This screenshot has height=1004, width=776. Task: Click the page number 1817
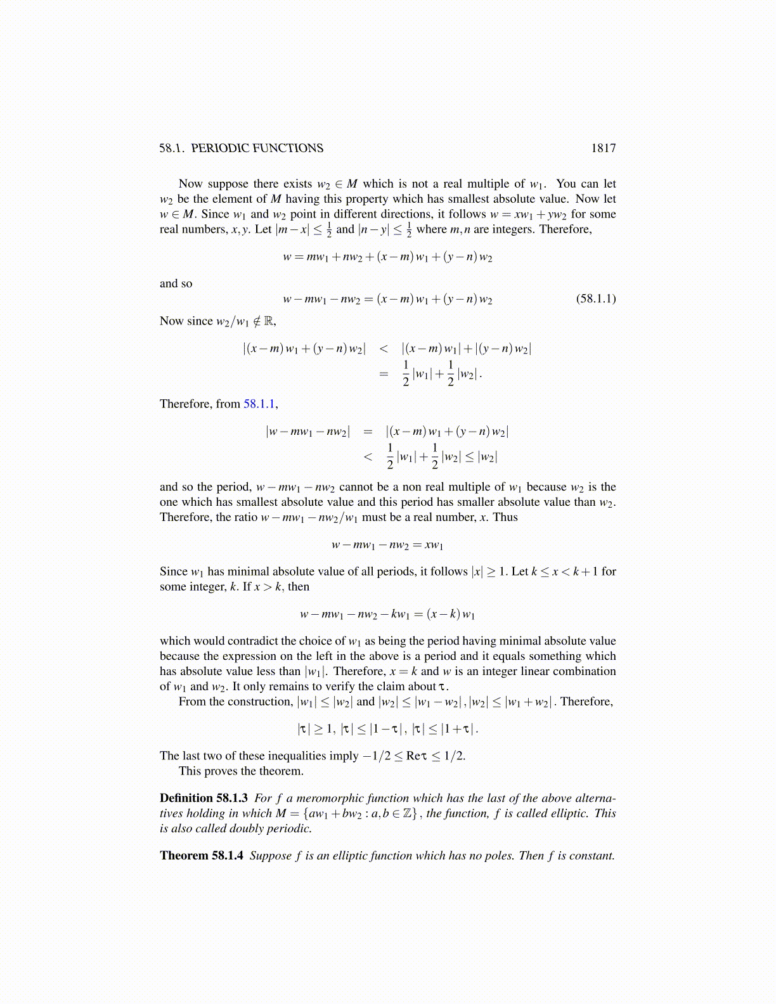click(603, 148)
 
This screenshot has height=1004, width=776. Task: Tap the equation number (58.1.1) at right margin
click(595, 299)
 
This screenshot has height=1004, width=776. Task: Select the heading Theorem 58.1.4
click(202, 856)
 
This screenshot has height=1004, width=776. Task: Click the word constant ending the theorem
click(592, 856)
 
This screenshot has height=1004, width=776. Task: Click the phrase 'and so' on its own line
click(176, 283)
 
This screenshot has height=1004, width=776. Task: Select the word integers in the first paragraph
click(514, 229)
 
